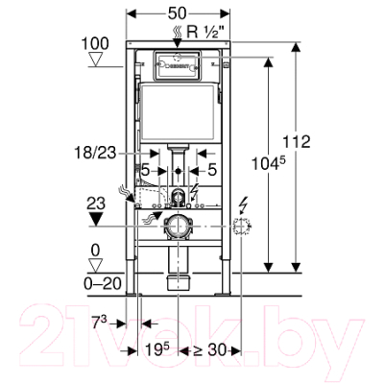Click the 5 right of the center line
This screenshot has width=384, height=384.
tap(213, 171)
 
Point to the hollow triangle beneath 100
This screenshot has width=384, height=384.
tap(95, 60)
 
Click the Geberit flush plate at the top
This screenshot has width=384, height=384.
tap(179, 67)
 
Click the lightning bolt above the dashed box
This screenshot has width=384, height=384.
tap(246, 204)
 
